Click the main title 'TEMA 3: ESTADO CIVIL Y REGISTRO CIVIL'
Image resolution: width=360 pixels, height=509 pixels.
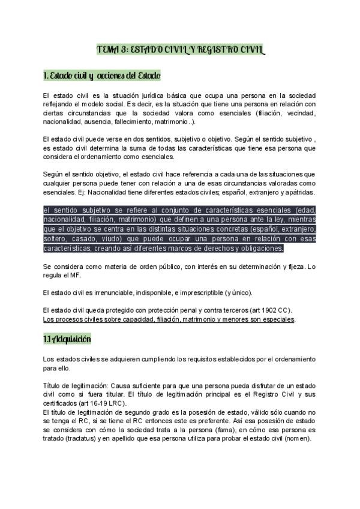179,50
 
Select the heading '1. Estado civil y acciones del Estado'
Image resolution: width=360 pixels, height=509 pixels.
102,76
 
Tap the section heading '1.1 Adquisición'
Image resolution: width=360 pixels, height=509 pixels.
67,339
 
